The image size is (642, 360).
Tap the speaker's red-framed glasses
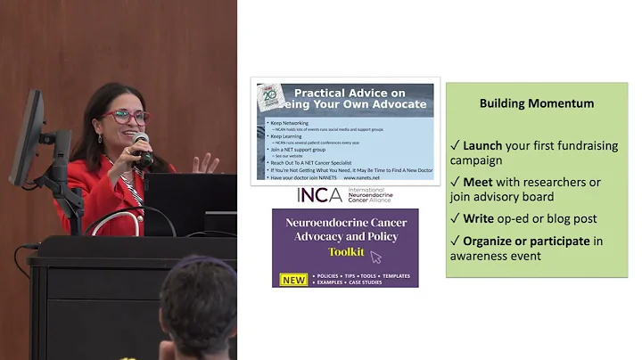click(126, 116)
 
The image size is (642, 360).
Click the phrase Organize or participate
click(526, 241)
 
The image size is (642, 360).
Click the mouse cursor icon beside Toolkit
click(376, 257)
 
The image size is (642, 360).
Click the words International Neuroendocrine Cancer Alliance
click(367, 195)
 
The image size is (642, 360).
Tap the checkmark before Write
click(455, 218)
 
